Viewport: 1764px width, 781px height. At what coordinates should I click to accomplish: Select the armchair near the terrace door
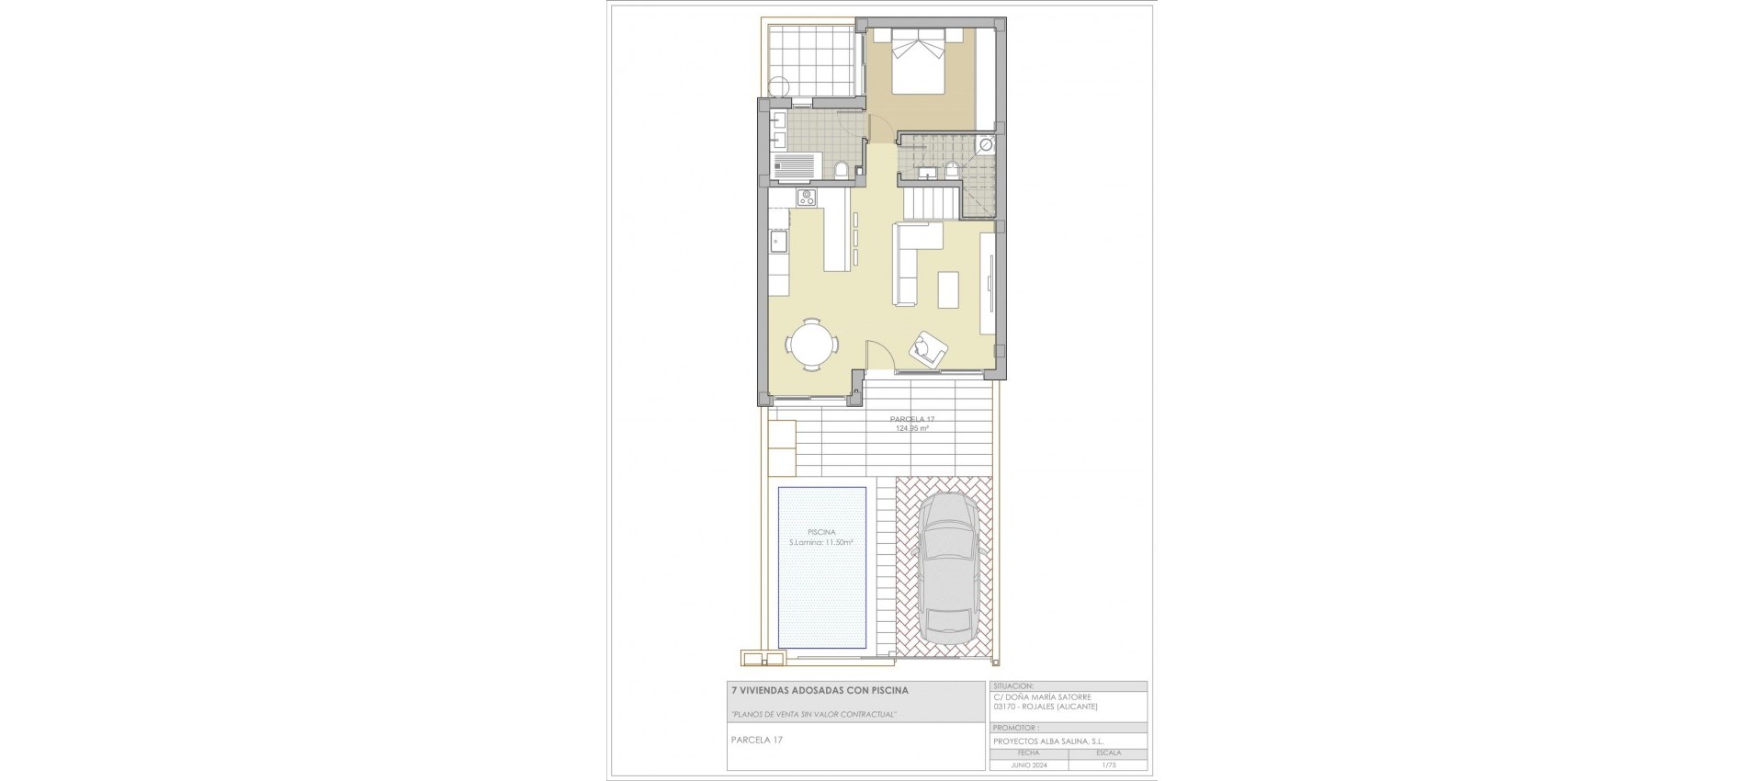pos(927,347)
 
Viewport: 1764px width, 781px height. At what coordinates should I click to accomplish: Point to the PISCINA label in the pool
pos(821,532)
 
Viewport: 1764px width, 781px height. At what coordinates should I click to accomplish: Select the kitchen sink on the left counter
pos(135,243)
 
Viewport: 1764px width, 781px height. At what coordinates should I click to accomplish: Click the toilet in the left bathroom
pos(198,168)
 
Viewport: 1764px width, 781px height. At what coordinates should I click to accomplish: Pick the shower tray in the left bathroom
pos(153,167)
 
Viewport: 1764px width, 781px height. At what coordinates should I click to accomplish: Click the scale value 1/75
pos(1107,764)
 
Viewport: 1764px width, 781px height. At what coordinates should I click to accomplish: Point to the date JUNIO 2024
pos(1029,764)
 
